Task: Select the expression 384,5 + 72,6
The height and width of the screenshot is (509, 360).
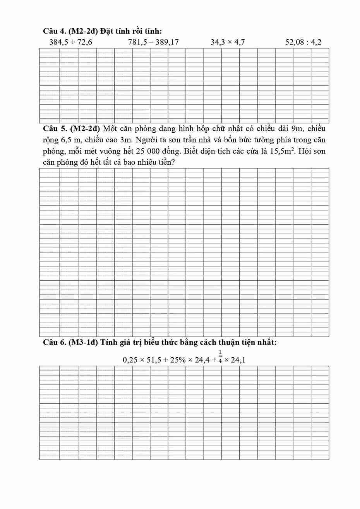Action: tap(70, 42)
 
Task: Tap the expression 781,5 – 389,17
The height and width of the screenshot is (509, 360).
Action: tap(153, 42)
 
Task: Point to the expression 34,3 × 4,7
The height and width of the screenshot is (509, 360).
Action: tap(228, 42)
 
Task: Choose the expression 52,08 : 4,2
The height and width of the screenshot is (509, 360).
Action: tap(303, 42)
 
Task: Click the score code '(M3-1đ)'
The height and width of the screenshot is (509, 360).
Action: tap(81, 342)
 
